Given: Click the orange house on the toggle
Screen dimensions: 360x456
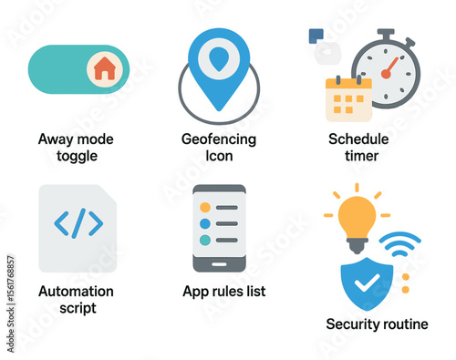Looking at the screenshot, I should click(x=105, y=69).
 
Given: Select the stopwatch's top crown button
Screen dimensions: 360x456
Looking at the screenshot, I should click(x=385, y=34).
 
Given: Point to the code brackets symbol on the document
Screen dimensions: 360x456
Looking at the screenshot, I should click(x=79, y=222).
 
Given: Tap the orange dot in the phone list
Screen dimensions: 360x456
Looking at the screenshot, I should click(x=204, y=208).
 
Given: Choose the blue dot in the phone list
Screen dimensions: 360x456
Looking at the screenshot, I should click(x=204, y=223).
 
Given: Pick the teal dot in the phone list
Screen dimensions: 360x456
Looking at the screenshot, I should click(x=204, y=239).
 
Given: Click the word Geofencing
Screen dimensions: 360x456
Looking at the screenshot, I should click(x=219, y=139).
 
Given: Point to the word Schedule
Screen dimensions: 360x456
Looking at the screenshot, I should click(x=358, y=139).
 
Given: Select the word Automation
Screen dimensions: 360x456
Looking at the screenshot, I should click(x=77, y=292).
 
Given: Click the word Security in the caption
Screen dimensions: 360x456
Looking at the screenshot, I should click(x=352, y=324).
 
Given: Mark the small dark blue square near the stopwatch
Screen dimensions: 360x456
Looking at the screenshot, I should click(x=316, y=36).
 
